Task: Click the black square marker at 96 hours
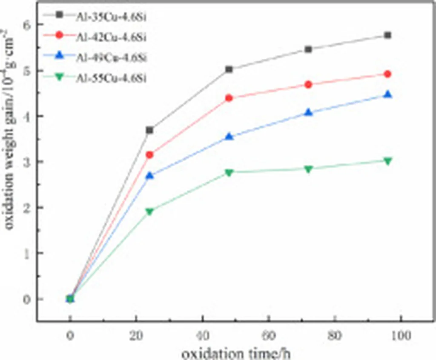click(387, 35)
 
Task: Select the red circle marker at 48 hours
click(229, 98)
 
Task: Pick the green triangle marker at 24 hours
click(149, 211)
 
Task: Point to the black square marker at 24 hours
click(149, 130)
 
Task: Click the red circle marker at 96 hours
click(387, 74)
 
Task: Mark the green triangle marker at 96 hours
click(387, 161)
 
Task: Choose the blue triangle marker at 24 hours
click(149, 175)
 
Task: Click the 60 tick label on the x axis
click(269, 336)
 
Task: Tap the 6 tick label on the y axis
click(28, 25)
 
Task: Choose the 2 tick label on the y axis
click(28, 208)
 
